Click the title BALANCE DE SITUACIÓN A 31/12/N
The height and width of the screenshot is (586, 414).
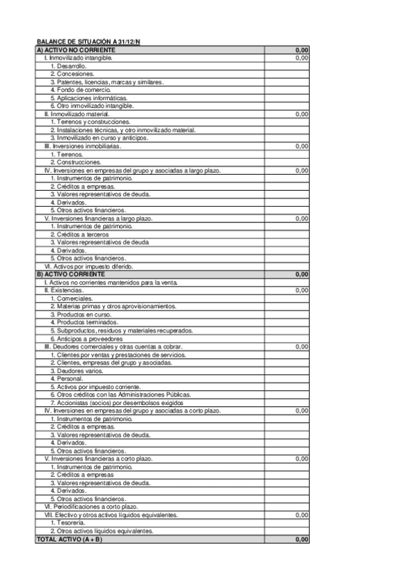(88, 43)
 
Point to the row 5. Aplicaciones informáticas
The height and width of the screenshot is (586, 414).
(88, 98)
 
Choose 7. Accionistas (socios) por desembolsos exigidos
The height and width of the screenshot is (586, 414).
(116, 402)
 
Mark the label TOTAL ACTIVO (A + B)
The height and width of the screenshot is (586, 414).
(69, 539)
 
